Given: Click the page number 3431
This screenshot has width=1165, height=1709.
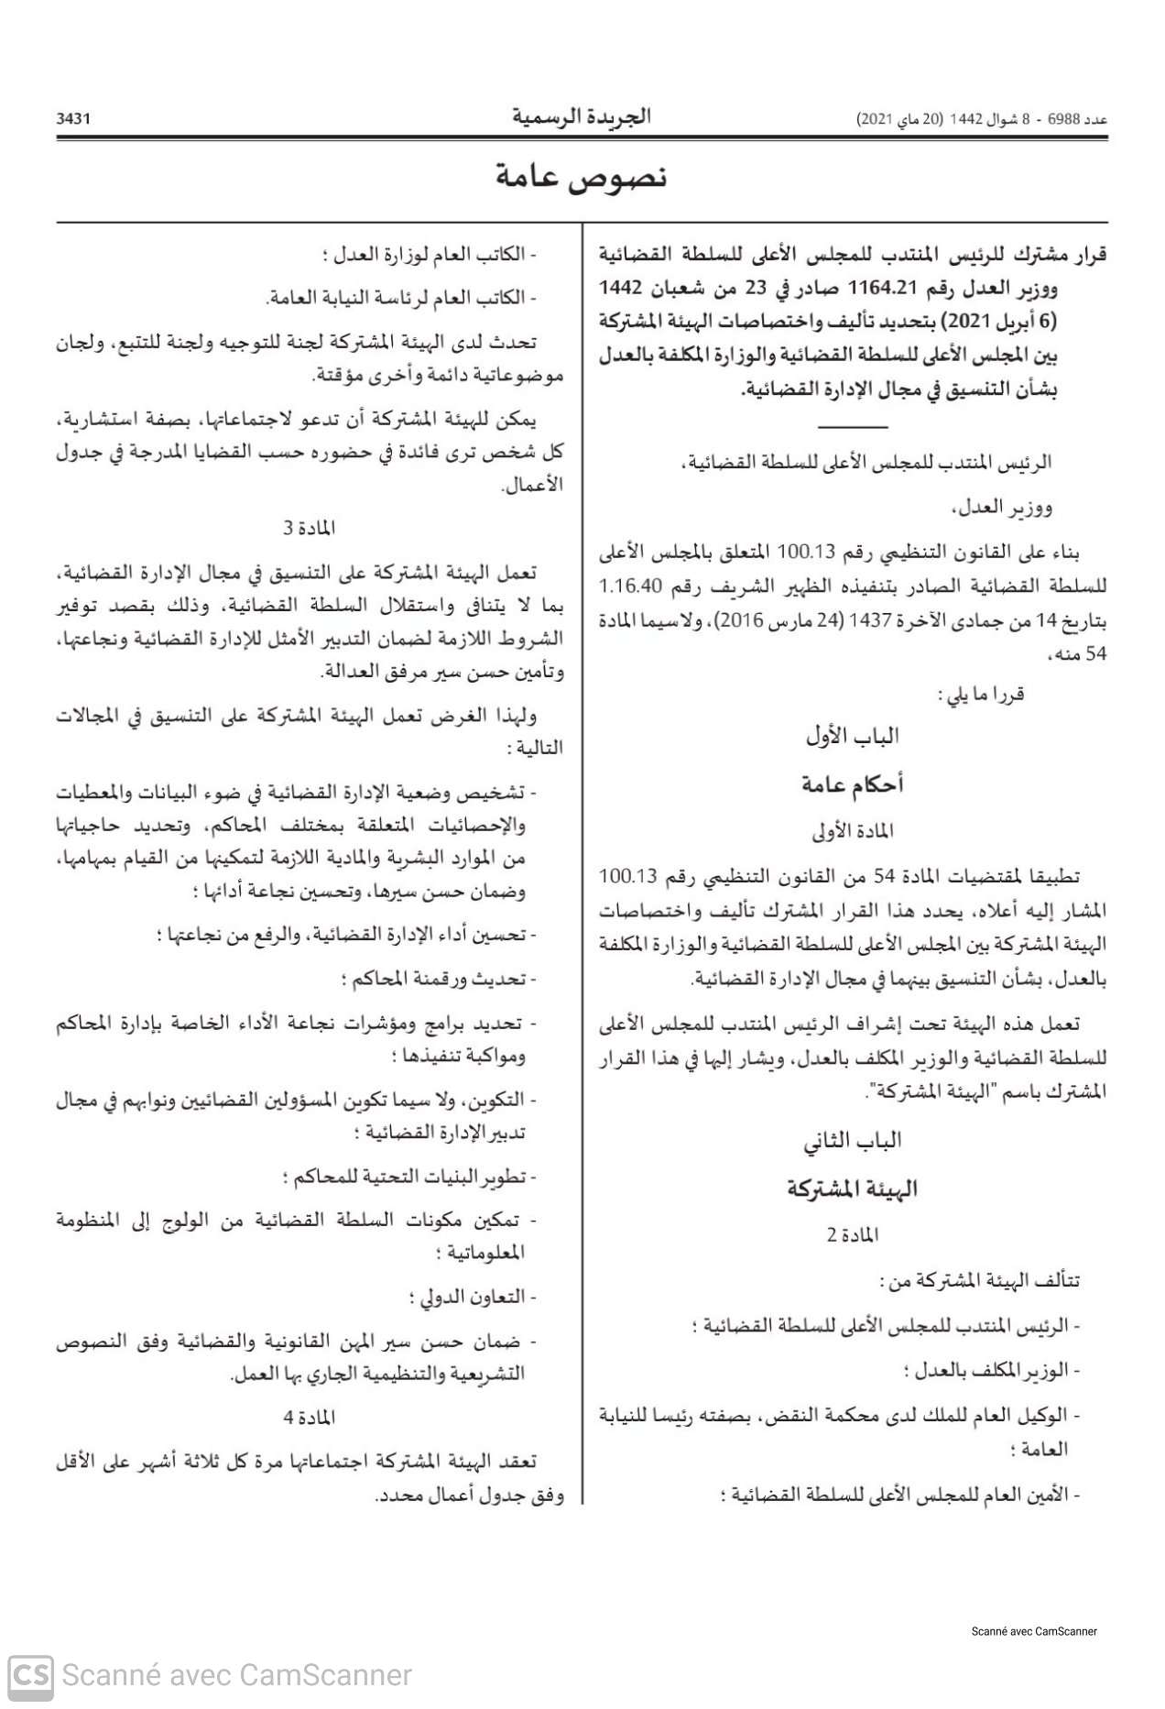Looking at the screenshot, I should pyautogui.click(x=73, y=119).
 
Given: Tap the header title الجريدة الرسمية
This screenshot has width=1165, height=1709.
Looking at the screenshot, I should pyautogui.click(x=582, y=117).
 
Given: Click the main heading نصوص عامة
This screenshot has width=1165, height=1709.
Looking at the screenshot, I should pyautogui.click(x=582, y=177).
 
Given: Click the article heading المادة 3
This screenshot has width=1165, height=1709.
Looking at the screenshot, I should pyautogui.click(x=310, y=529).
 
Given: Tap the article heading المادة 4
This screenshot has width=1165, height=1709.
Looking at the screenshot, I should pyautogui.click(x=310, y=1418).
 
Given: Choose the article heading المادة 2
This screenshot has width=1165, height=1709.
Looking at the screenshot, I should pyautogui.click(x=852, y=1235).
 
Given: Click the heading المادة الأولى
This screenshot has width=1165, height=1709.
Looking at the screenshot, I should pyautogui.click(x=852, y=831).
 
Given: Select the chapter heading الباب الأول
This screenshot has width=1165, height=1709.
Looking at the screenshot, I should pyautogui.click(x=852, y=736).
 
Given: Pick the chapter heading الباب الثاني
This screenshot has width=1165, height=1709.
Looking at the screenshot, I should pyautogui.click(x=852, y=1141).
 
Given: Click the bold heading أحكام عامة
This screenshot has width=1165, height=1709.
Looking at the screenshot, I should pyautogui.click(x=852, y=784).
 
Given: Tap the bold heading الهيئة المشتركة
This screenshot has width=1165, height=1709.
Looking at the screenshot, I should pyautogui.click(x=852, y=1189).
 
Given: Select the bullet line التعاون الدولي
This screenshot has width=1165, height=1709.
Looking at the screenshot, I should pyautogui.click(x=472, y=1298).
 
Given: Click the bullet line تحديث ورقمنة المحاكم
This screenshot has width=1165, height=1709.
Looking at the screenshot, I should pyautogui.click(x=439, y=980).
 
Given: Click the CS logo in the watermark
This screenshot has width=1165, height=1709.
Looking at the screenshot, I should pyautogui.click(x=30, y=1675).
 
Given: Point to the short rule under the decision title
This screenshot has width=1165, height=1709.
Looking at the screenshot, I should pyautogui.click(x=852, y=427).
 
